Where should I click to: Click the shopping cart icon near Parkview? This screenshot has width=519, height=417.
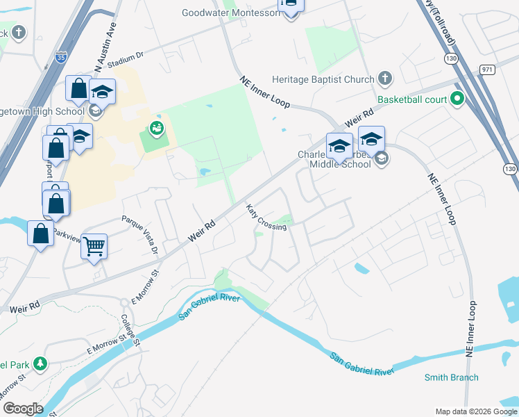pyautogui.click(x=94, y=246)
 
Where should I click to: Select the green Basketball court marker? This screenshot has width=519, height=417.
pyautogui.click(x=457, y=99)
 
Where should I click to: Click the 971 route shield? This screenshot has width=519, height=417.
pyautogui.click(x=486, y=69)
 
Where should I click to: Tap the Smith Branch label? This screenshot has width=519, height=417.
pyautogui.click(x=451, y=377)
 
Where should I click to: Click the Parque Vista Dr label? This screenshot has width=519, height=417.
pyautogui.click(x=141, y=235)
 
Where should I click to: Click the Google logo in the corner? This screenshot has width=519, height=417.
pyautogui.click(x=23, y=409)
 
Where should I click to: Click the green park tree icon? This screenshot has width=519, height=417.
pyautogui.click(x=40, y=363)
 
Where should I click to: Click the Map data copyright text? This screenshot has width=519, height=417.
pyautogui.click(x=476, y=411)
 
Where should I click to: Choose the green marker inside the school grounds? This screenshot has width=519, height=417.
pyautogui.click(x=155, y=128)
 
